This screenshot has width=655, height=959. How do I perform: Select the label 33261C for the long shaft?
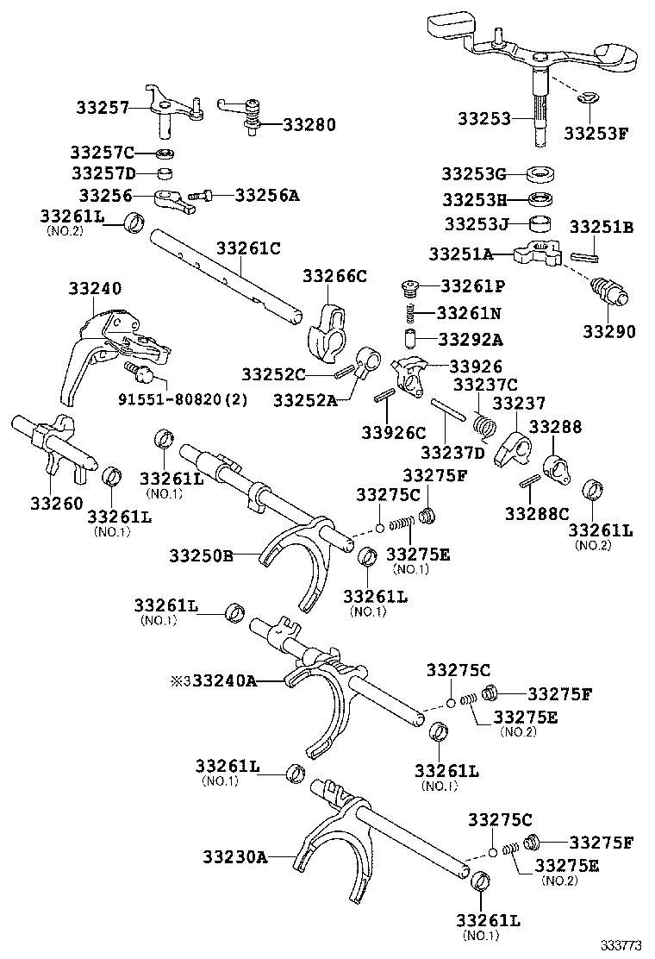[x=248, y=248]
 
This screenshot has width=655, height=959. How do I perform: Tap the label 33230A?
[x=235, y=857]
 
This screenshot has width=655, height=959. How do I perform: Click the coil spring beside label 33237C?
[x=486, y=423]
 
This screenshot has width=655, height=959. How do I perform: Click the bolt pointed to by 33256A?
[x=207, y=196]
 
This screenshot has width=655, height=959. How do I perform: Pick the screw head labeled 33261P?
[x=412, y=286]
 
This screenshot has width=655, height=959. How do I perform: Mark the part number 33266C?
[x=334, y=276]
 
